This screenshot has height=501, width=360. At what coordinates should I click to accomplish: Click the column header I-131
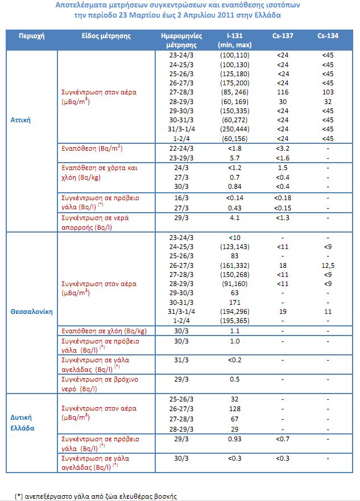[x=233, y=35]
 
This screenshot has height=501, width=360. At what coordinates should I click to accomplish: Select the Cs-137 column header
[x=283, y=35]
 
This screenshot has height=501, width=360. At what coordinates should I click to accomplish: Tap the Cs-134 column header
[x=328, y=35]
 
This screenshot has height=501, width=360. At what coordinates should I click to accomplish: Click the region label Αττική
[x=21, y=120]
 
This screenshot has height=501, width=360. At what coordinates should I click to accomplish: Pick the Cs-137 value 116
[x=283, y=92]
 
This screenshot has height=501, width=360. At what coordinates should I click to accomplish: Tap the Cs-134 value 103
[x=328, y=92]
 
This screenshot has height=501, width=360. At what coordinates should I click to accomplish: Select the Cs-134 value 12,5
[x=328, y=265]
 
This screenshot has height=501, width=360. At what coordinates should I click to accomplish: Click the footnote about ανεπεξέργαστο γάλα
[x=96, y=496]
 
